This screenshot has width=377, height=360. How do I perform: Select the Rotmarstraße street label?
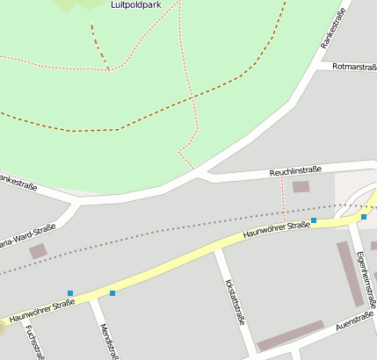click(x=355, y=68)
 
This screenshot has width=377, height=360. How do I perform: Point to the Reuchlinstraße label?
click(x=295, y=170)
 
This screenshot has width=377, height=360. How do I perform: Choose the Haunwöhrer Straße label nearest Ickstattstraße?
click(x=277, y=231)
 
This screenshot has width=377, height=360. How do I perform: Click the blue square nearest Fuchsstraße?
click(x=69, y=293)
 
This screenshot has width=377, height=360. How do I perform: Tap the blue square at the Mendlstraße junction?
click(x=112, y=293)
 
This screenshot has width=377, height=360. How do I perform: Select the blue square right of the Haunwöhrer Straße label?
click(x=314, y=220)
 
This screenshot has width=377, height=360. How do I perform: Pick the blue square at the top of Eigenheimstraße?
click(x=364, y=217)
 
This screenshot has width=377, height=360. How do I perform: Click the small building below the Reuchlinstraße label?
click(x=301, y=187)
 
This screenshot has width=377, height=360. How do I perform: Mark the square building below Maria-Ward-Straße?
click(x=39, y=252)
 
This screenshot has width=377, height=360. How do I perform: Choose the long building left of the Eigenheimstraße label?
click(x=350, y=273)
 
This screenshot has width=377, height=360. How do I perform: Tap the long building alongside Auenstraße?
click(x=290, y=335)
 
